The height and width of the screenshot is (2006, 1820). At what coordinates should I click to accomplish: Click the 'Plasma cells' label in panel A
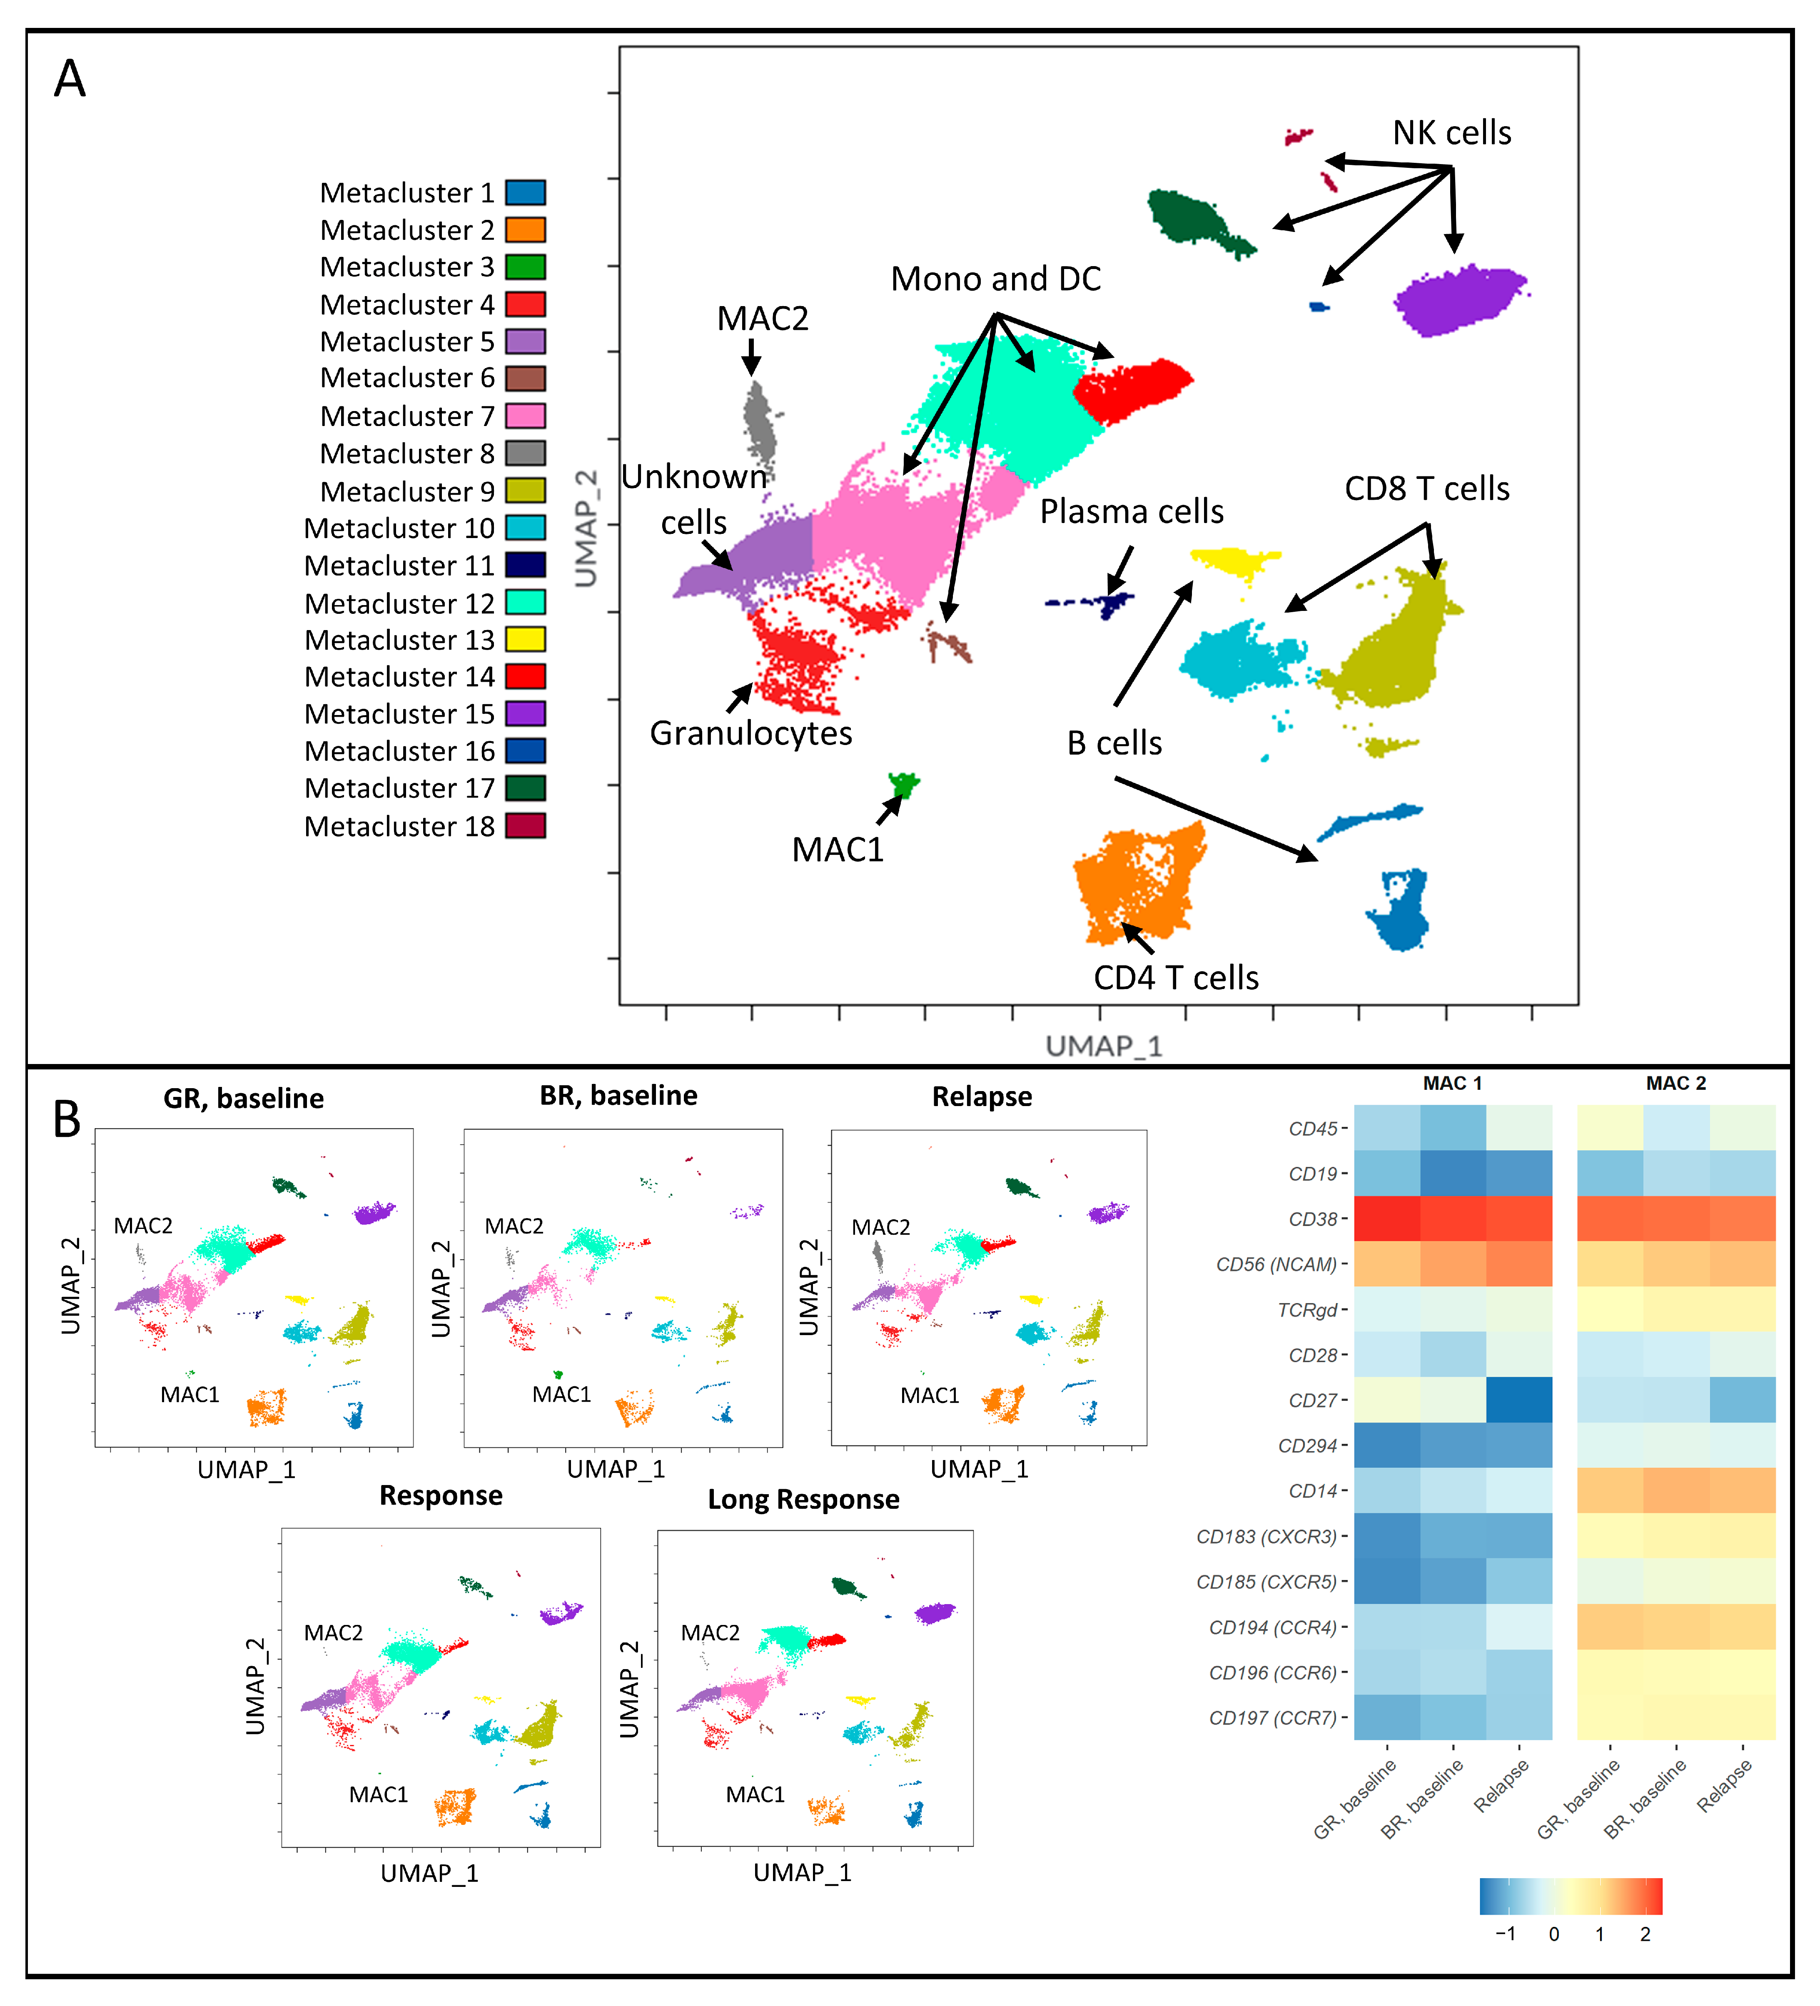[x=1132, y=511]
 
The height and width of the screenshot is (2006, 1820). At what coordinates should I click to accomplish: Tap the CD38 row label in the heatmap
[x=1311, y=1219]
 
